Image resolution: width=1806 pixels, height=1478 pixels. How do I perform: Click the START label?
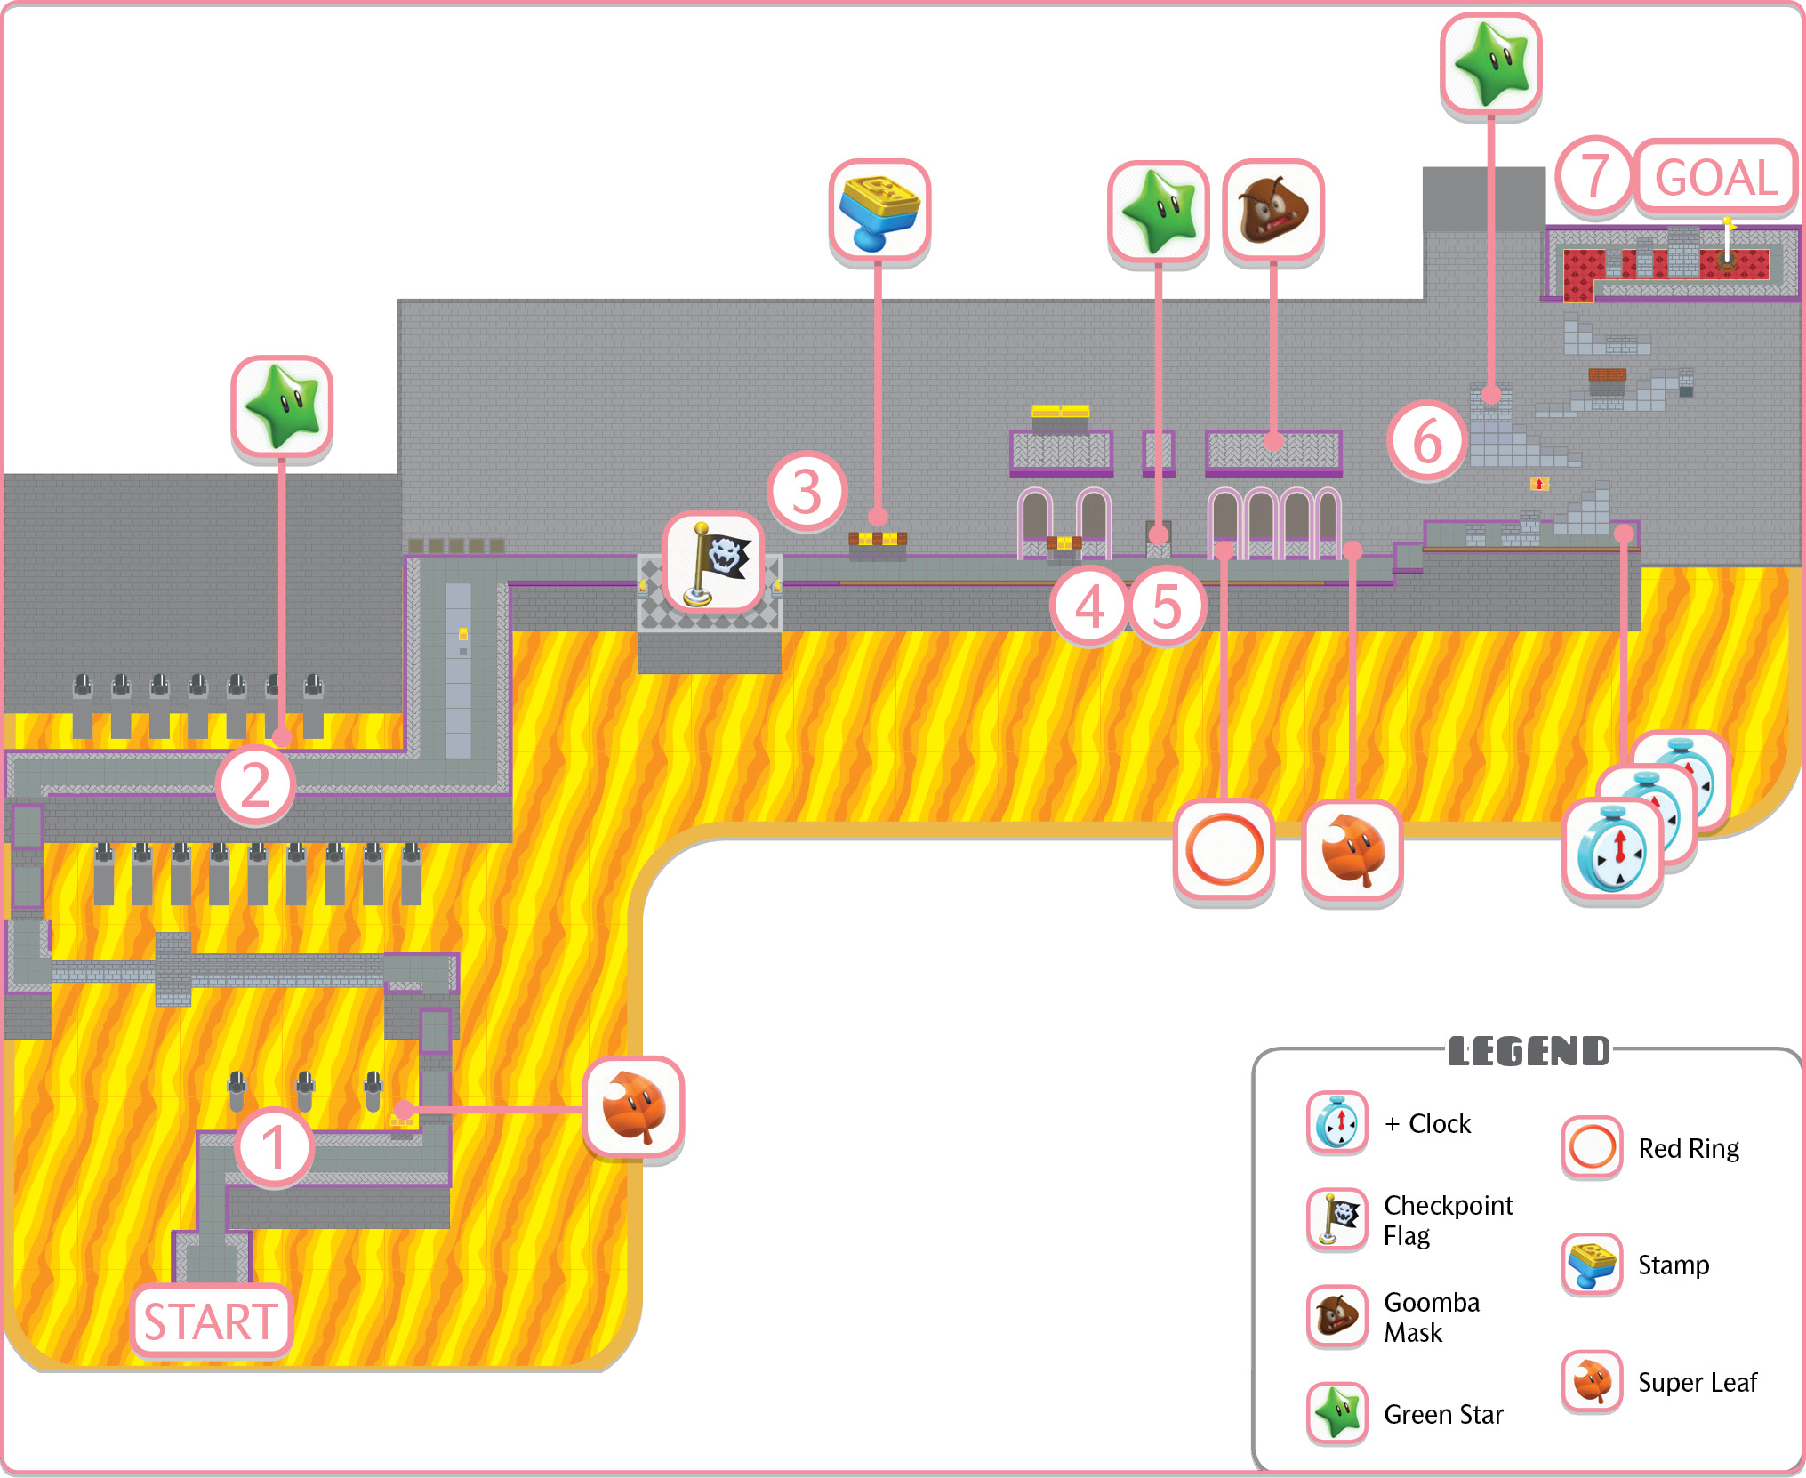(212, 1321)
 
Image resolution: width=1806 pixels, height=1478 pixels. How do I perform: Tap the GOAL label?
(1716, 177)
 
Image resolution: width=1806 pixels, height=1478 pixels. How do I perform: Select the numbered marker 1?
(274, 1146)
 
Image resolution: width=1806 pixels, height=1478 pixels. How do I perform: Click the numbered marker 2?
(255, 785)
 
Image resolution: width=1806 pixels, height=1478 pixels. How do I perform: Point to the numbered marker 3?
(807, 492)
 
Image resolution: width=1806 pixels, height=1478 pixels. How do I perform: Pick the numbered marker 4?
(1089, 606)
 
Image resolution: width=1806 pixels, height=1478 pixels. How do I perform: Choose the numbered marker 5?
(1167, 606)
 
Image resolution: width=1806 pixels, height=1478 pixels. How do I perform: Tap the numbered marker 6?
(1427, 441)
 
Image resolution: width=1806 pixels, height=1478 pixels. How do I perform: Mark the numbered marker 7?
(1595, 177)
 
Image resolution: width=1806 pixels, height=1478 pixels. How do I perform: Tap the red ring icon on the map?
(1224, 851)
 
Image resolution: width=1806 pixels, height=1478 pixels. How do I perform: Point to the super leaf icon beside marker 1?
(634, 1107)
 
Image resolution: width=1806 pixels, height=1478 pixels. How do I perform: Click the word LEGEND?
(1529, 1051)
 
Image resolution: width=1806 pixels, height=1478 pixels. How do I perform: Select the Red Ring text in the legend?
(1689, 1148)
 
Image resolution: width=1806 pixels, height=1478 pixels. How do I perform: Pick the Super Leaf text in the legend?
(1698, 1382)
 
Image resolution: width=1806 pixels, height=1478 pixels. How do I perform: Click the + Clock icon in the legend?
(1337, 1123)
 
